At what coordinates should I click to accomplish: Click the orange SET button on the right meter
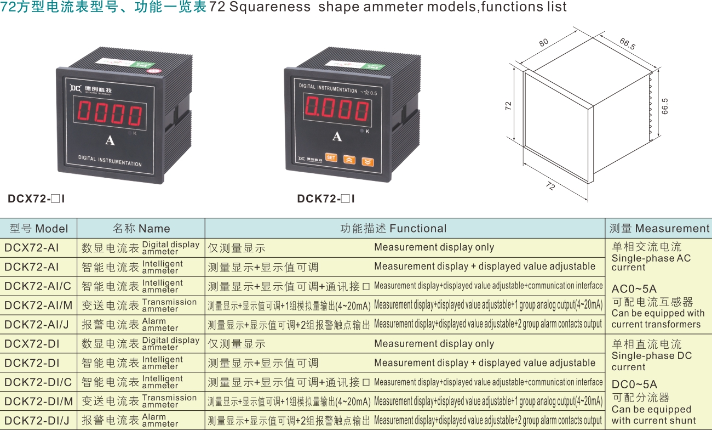tap(331, 157)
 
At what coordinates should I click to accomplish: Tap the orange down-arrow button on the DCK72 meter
tap(368, 162)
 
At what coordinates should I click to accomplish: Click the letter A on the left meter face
tap(110, 140)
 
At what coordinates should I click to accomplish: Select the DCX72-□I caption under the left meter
tap(36, 199)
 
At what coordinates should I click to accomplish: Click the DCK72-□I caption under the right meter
tap(326, 199)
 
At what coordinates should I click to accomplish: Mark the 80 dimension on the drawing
tap(544, 43)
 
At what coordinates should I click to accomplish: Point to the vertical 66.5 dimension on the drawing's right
tap(665, 106)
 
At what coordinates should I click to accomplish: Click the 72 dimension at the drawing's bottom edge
tap(550, 185)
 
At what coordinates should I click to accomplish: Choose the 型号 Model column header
tap(38, 229)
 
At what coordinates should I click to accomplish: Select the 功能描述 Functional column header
tap(393, 228)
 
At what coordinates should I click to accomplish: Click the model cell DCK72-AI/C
tap(38, 286)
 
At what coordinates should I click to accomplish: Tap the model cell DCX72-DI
tap(32, 344)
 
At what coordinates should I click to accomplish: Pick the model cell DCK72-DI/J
tap(37, 421)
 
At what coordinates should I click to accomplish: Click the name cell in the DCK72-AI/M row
tap(139, 305)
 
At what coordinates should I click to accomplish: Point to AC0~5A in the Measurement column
tap(634, 289)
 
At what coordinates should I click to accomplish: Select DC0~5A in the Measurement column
tap(634, 384)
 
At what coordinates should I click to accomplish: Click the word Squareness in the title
tap(270, 7)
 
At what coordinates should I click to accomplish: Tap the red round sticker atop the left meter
tap(154, 71)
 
